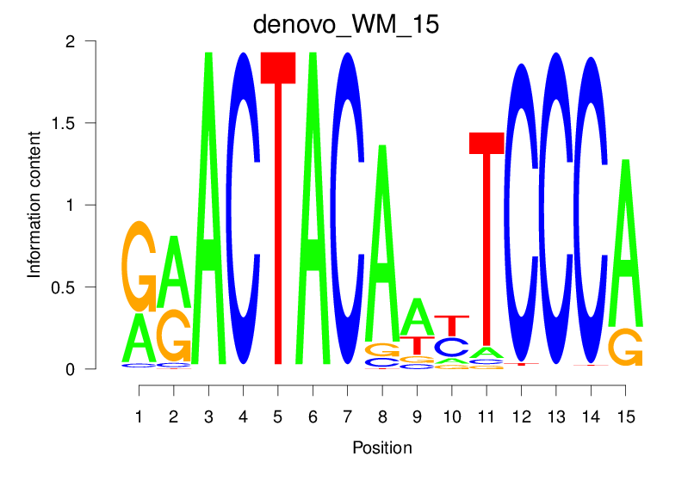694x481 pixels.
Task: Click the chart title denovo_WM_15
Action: (x=346, y=24)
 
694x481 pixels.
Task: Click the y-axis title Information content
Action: (x=34, y=204)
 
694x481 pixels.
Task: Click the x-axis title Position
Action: (x=381, y=448)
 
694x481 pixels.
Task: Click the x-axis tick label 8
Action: (x=382, y=416)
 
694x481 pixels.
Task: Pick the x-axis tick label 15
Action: (x=625, y=416)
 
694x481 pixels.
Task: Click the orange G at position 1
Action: (x=139, y=266)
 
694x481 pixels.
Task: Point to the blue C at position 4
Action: (x=244, y=207)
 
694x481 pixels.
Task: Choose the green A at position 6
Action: (x=313, y=207)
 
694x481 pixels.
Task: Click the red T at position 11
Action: (x=486, y=241)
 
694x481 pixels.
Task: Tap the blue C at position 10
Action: (x=451, y=347)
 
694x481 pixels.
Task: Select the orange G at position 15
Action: (x=625, y=346)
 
